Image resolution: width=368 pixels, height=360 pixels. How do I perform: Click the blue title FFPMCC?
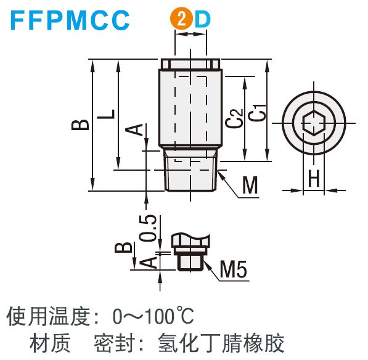(70, 20)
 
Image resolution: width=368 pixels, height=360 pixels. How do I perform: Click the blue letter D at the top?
(203, 19)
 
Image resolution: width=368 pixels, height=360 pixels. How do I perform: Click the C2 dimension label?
(234, 118)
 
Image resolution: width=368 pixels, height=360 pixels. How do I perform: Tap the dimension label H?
(314, 179)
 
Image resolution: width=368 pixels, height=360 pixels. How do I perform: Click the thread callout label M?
(250, 185)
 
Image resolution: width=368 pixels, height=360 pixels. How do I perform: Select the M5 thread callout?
(233, 269)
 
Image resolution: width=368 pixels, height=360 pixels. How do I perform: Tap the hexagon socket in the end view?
(314, 123)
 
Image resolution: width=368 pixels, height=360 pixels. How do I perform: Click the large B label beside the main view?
(80, 125)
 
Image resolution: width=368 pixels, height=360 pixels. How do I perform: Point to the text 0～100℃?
(153, 316)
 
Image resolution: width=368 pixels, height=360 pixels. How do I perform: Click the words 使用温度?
(48, 317)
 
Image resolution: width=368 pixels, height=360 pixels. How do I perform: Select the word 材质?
(50, 343)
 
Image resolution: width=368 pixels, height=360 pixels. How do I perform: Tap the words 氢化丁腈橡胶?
(221, 343)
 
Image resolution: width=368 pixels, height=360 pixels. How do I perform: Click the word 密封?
(115, 343)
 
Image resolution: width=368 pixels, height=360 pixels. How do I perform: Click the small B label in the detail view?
(123, 247)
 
